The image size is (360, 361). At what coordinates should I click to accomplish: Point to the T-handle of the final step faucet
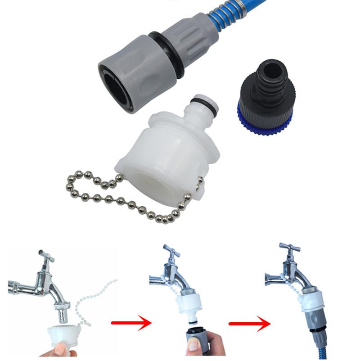click(x=287, y=248)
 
